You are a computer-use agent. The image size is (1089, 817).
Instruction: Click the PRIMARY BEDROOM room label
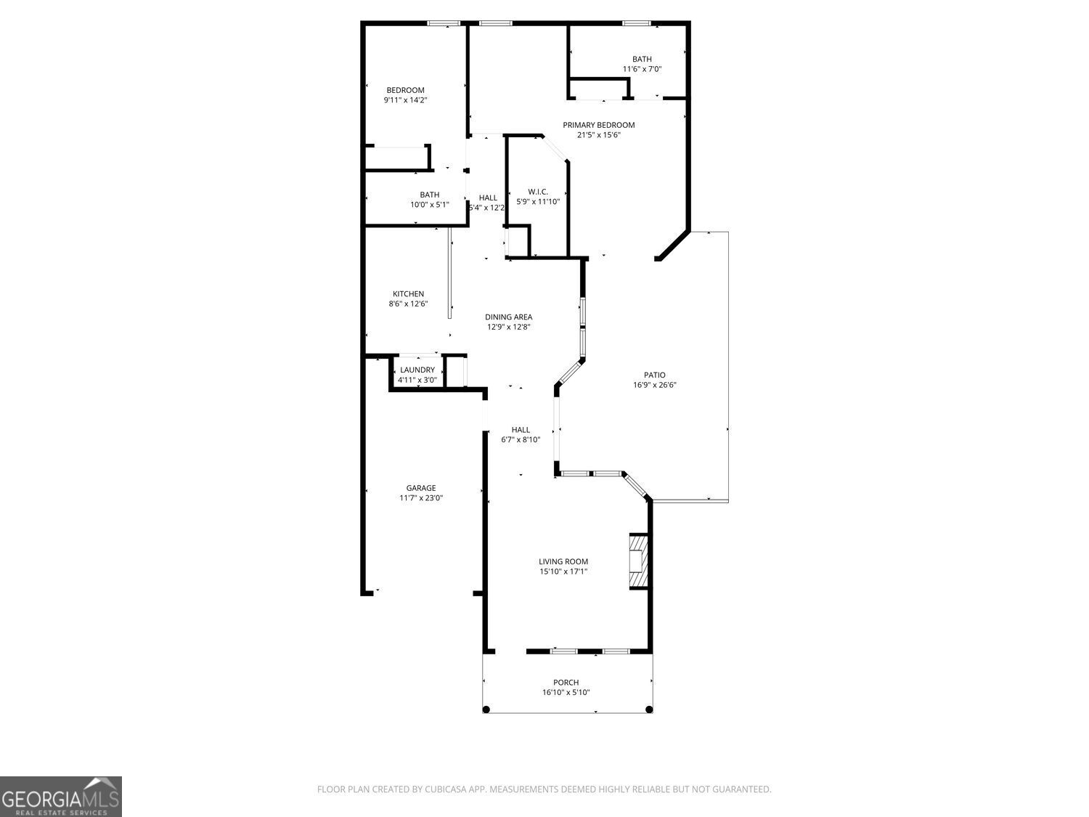(x=598, y=125)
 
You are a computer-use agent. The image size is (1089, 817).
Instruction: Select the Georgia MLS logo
(x=60, y=797)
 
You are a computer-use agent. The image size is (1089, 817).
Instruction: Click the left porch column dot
(x=486, y=710)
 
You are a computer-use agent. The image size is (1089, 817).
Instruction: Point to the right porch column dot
(x=649, y=710)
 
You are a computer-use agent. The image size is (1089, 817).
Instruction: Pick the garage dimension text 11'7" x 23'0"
(x=420, y=498)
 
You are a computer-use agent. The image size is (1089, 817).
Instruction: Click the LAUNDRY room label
(x=417, y=370)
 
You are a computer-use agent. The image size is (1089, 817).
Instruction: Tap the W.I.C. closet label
(x=537, y=192)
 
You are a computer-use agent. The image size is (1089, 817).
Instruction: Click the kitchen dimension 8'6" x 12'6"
(x=408, y=304)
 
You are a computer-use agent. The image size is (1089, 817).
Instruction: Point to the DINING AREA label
(x=508, y=317)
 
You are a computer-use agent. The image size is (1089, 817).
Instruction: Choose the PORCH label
(x=566, y=682)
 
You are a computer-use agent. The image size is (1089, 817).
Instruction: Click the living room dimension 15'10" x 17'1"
(x=563, y=572)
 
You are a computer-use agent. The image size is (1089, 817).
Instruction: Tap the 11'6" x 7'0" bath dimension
(x=642, y=69)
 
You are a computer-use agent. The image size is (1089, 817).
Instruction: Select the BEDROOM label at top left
(x=405, y=90)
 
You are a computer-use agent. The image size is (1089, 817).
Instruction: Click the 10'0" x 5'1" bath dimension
(x=429, y=204)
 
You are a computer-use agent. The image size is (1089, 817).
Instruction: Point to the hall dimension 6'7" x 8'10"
(x=521, y=439)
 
